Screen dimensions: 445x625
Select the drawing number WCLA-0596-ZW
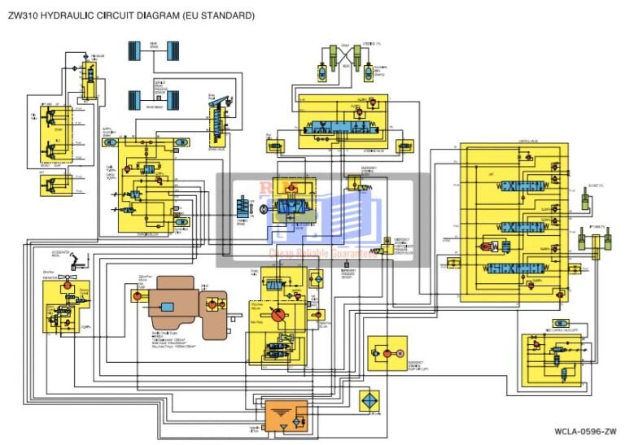point(585,430)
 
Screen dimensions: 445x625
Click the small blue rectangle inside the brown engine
point(168,307)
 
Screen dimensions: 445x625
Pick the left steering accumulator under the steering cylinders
point(324,73)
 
